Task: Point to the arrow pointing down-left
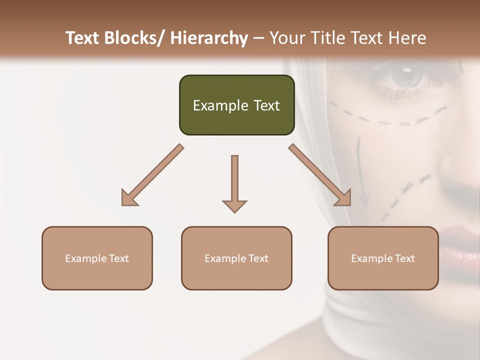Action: [x=152, y=175]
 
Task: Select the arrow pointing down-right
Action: [x=320, y=175]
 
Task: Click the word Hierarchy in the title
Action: [x=209, y=38]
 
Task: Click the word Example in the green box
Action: [x=220, y=105]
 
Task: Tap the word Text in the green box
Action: [x=266, y=105]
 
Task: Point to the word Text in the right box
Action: [x=404, y=258]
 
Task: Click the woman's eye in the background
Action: [x=406, y=76]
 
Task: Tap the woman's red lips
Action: [x=462, y=235]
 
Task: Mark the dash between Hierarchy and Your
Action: [x=258, y=38]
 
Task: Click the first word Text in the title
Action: [x=83, y=38]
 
